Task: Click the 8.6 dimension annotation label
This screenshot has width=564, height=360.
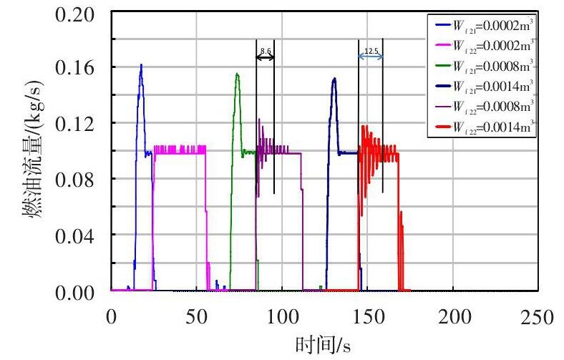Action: (266, 51)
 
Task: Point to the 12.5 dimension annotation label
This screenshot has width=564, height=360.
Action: (371, 51)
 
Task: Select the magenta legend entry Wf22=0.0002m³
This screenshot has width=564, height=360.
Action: (493, 44)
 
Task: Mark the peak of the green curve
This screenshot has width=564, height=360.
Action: (237, 73)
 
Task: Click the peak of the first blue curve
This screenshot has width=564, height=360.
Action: (141, 64)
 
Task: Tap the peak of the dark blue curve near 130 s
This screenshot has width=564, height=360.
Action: (334, 78)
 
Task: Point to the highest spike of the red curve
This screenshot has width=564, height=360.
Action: (364, 126)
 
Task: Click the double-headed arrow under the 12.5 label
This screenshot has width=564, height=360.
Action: (371, 57)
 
